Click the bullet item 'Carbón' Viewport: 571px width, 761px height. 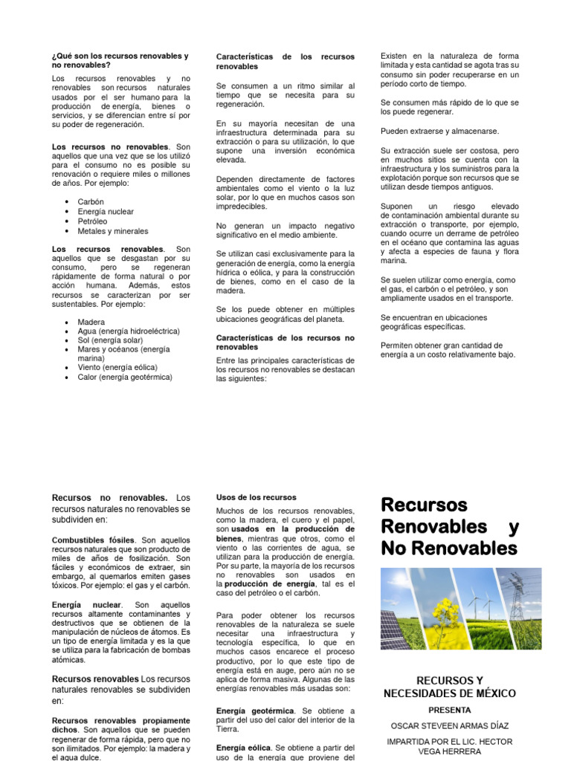pos(91,201)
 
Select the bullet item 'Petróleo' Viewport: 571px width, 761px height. pos(92,221)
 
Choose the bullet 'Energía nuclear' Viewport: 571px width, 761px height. pos(106,212)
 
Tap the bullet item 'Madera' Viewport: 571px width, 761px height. pos(92,322)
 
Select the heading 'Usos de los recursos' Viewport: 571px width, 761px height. pos(256,497)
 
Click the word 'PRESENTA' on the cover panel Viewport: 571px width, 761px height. pos(450,710)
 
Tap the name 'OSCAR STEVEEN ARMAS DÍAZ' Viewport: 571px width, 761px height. pos(450,725)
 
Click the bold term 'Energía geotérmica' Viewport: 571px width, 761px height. pos(252,711)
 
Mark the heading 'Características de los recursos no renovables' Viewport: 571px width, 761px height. pos(285,342)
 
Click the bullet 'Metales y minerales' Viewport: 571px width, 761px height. pos(112,231)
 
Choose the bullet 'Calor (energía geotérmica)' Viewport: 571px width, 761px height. pos(124,377)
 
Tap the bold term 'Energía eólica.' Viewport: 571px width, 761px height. pos(244,748)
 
